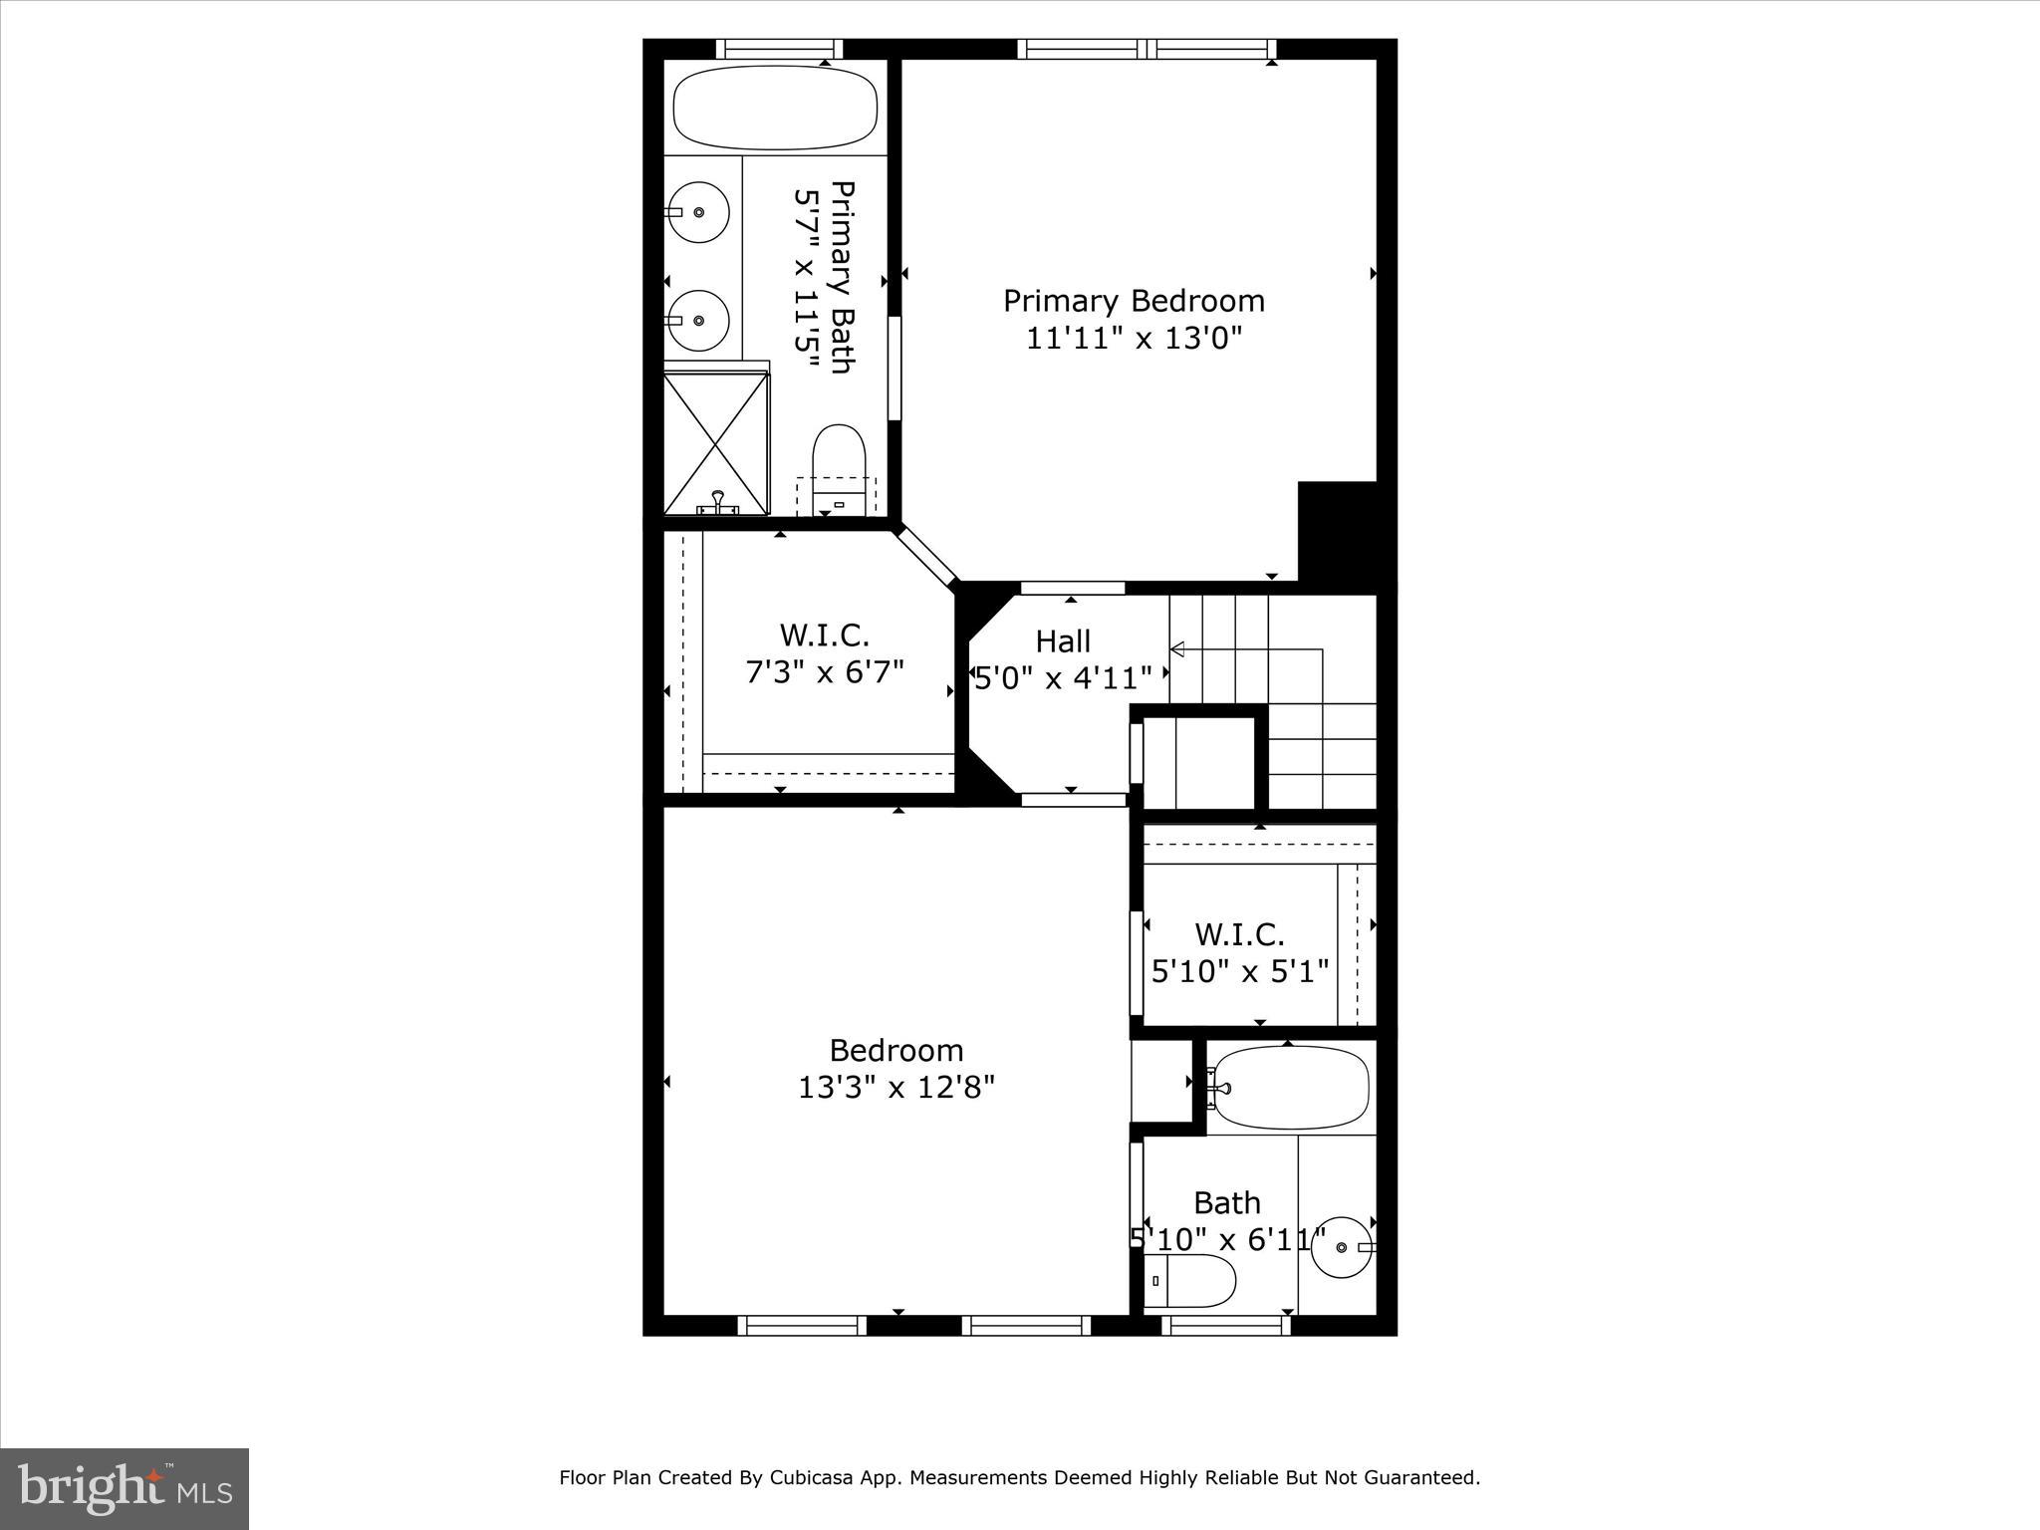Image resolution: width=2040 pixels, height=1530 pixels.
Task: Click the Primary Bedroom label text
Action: coord(1134,301)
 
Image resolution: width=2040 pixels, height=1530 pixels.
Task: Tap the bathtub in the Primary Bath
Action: coord(775,108)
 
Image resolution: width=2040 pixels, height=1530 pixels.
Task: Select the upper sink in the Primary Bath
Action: coord(698,212)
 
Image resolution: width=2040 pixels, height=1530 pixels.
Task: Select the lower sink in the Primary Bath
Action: coord(698,320)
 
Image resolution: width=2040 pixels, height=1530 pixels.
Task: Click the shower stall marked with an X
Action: coord(716,443)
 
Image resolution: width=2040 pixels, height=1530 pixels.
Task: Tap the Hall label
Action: coord(1063,641)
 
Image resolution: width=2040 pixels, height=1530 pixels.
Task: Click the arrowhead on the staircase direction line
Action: coord(1176,650)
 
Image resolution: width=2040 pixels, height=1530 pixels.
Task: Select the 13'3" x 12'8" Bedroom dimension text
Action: coord(896,1087)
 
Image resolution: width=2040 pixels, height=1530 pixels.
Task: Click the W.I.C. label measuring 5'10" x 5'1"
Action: coord(1239,934)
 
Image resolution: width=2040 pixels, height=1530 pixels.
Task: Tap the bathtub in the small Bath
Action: coord(1290,1088)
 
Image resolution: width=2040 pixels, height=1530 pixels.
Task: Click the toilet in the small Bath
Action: coord(1189,1281)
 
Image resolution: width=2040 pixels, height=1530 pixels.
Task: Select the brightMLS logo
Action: coord(125,1488)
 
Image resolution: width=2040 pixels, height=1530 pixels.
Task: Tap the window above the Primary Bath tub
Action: coord(779,49)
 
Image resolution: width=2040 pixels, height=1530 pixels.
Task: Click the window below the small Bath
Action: coord(1226,1325)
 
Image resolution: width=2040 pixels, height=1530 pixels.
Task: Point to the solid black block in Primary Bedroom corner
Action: coord(1338,533)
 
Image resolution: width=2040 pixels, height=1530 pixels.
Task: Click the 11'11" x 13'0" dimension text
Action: coord(1134,339)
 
